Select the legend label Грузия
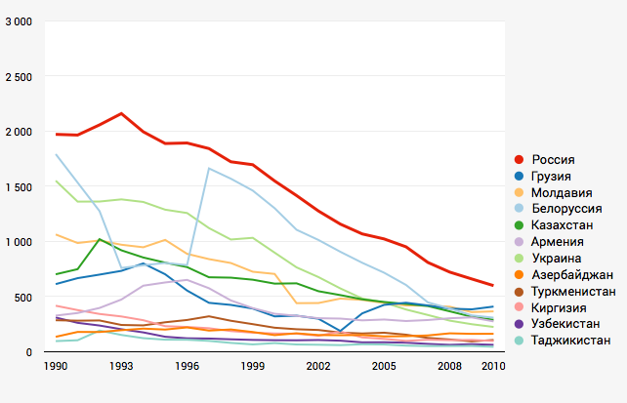click(x=555, y=175)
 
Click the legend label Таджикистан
click(x=572, y=341)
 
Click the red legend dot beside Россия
click(x=519, y=158)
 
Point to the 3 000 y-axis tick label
click(x=19, y=21)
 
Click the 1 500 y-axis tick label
click(x=19, y=186)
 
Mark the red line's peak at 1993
click(x=121, y=113)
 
